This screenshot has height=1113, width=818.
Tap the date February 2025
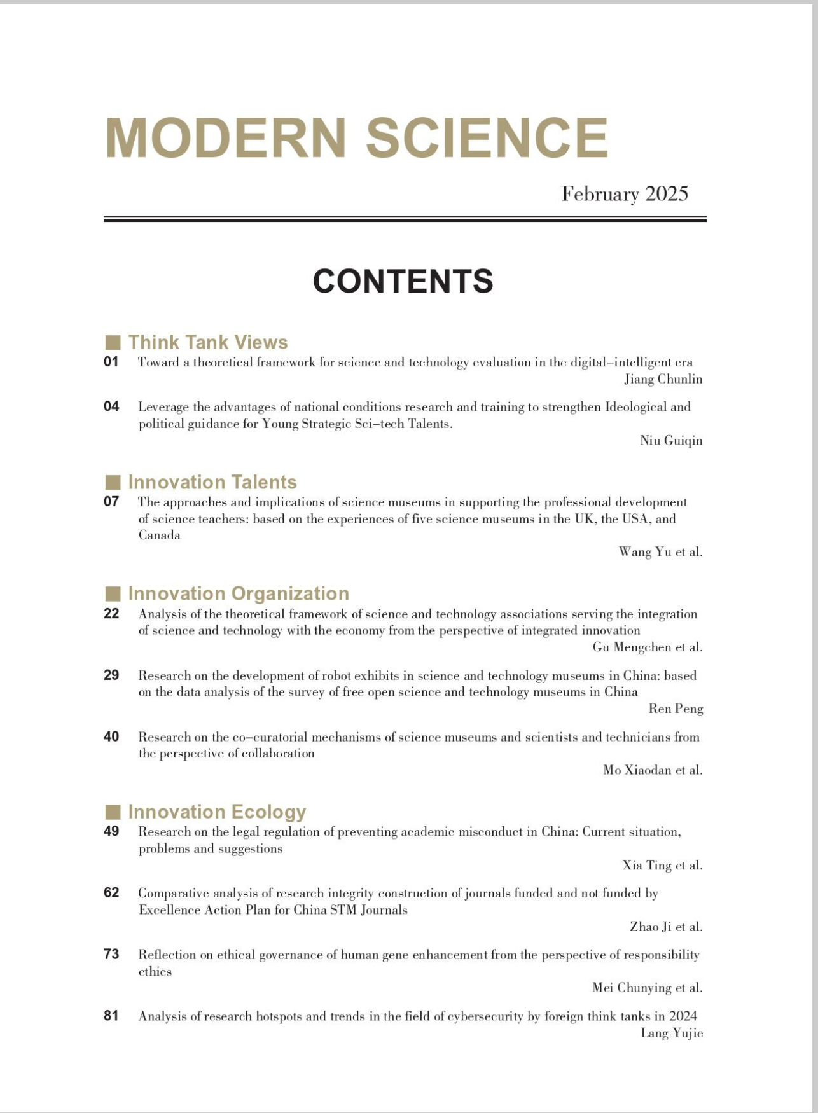[625, 194]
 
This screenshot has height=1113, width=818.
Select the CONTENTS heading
[403, 281]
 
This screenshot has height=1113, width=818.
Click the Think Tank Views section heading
[208, 342]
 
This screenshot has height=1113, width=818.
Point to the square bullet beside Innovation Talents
[113, 482]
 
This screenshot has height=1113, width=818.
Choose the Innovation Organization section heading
[239, 593]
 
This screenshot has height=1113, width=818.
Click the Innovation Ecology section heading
[217, 812]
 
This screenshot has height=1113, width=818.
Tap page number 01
[111, 362]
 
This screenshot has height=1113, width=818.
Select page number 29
[111, 675]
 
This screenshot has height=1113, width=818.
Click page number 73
[111, 954]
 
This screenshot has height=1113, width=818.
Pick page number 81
[111, 1016]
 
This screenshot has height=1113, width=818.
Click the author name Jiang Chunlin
[663, 380]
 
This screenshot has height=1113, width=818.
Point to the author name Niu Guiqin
[671, 441]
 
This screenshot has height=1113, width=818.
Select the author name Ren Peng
[676, 709]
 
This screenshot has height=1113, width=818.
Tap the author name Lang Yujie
[672, 1033]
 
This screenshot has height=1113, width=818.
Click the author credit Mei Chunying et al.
[648, 988]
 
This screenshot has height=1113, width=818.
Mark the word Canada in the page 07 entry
[160, 536]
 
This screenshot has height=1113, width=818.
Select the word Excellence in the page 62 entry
[169, 910]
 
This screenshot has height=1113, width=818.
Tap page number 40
[111, 736]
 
